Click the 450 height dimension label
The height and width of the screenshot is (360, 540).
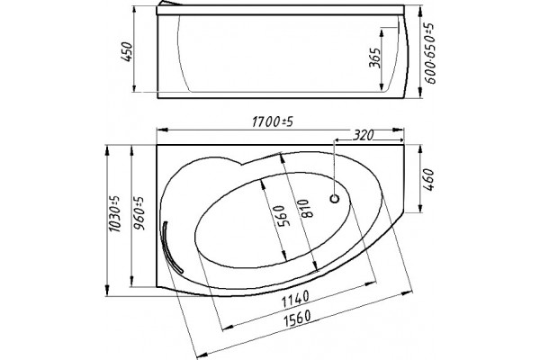tap(128, 51)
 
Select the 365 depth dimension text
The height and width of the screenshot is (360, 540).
tap(374, 58)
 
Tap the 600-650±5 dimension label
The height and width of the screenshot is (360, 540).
tap(430, 54)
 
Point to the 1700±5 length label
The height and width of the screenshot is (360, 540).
tap(273, 121)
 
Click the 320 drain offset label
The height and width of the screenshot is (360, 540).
tap(363, 135)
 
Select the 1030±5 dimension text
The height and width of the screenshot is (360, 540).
tap(114, 213)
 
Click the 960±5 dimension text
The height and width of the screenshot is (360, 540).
tap(139, 213)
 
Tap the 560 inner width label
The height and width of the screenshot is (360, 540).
tap(279, 216)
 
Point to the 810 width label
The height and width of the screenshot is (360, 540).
tap(307, 208)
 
